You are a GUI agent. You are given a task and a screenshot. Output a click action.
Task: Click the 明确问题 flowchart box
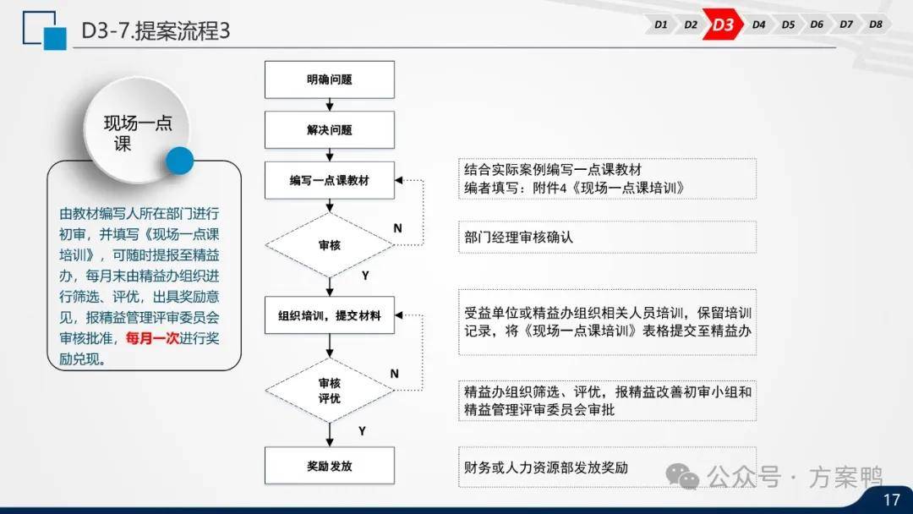(x=330, y=79)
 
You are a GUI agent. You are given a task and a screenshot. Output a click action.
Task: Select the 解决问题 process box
(x=330, y=130)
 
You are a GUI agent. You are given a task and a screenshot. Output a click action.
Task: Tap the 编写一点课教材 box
(x=330, y=180)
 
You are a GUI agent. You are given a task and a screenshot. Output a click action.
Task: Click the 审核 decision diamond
(x=330, y=245)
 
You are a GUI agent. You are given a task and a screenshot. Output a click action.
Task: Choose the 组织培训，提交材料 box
(x=330, y=315)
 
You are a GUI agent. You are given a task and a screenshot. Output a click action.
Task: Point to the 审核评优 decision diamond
(x=330, y=391)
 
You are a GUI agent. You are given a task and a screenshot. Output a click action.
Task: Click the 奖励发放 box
(x=330, y=466)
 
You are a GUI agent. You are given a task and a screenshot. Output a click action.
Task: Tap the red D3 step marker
(x=723, y=25)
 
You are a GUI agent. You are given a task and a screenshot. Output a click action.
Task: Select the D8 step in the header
(x=875, y=25)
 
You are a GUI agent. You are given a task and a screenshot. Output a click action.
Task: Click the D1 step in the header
(x=660, y=25)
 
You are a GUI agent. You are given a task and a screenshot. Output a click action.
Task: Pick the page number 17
(x=892, y=500)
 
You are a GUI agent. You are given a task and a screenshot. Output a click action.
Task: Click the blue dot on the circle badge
(x=180, y=161)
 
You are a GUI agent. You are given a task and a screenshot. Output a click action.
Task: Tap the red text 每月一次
(x=152, y=338)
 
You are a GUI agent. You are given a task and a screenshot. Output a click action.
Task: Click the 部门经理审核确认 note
(x=519, y=238)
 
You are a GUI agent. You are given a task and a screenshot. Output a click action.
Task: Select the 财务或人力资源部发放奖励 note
(x=546, y=468)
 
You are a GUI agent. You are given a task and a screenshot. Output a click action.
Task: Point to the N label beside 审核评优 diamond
(x=394, y=374)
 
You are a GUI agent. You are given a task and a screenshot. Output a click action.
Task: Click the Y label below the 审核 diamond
(x=365, y=276)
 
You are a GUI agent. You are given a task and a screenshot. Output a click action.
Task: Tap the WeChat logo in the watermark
(x=682, y=477)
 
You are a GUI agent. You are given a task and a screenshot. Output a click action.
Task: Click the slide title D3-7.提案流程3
(x=156, y=30)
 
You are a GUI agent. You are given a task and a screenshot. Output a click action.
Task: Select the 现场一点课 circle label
(x=138, y=133)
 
